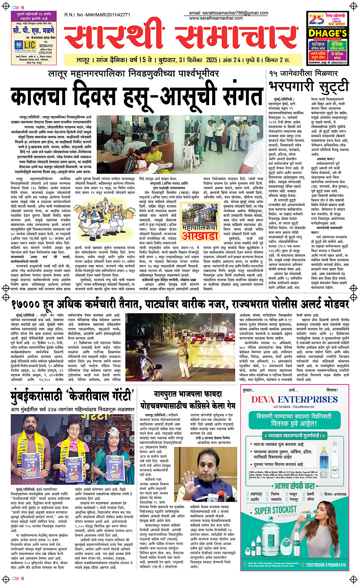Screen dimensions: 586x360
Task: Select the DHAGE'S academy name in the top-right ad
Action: click(x=328, y=33)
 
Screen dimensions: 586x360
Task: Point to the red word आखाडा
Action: click(x=200, y=236)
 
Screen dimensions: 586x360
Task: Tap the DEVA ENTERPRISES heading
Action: click(x=294, y=399)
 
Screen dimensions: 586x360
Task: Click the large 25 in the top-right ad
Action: click(x=316, y=19)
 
